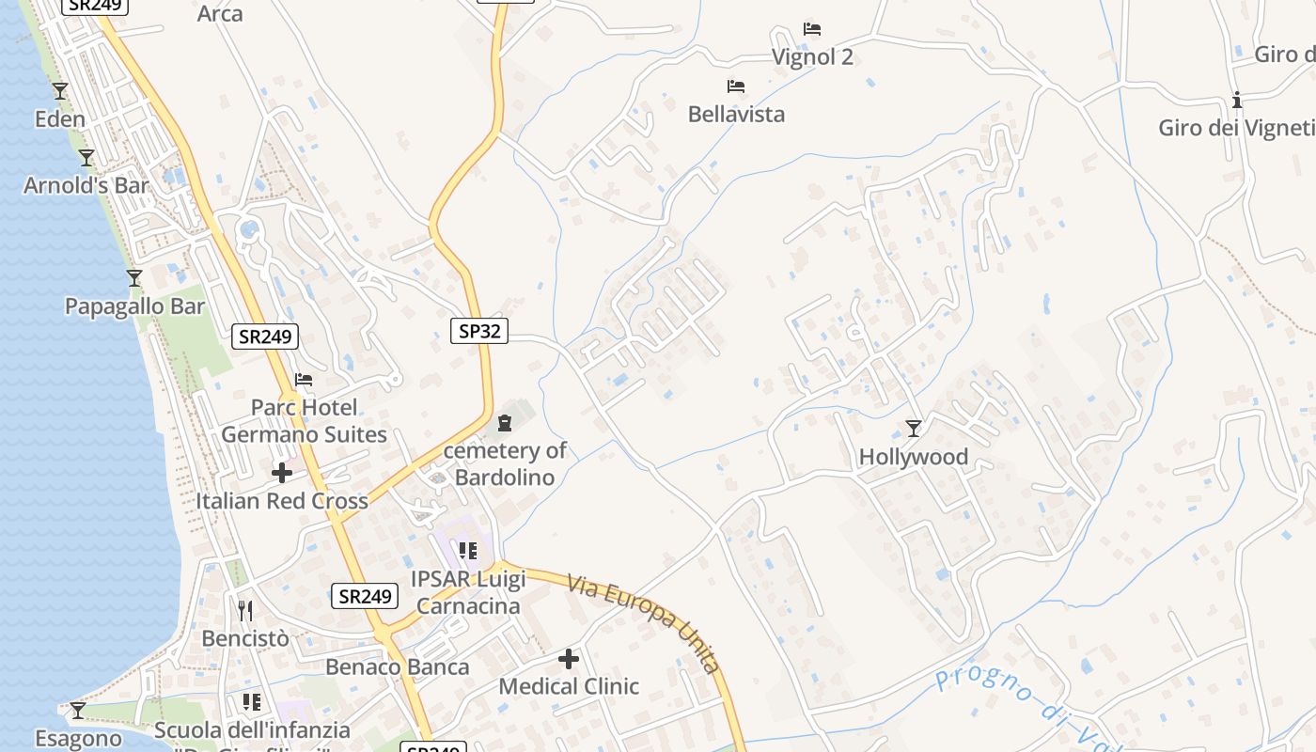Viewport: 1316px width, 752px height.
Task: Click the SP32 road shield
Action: pyautogui.click(x=479, y=331)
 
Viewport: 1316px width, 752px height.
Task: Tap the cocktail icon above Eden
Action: pyautogui.click(x=60, y=91)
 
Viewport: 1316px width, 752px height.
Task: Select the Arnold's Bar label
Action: pyautogui.click(x=86, y=185)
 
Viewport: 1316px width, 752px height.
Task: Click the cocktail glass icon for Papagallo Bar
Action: pyautogui.click(x=134, y=278)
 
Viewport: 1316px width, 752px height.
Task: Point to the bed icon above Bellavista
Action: pyautogui.click(x=736, y=86)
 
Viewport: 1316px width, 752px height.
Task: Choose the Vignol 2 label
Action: pyautogui.click(x=812, y=57)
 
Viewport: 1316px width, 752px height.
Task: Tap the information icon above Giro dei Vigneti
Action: pyautogui.click(x=1237, y=100)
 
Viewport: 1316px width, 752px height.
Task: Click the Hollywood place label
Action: pyautogui.click(x=913, y=458)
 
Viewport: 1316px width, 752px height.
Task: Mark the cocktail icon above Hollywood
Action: pyautogui.click(x=913, y=429)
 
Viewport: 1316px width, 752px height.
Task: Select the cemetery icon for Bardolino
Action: pyautogui.click(x=505, y=423)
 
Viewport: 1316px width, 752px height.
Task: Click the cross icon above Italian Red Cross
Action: pyautogui.click(x=281, y=473)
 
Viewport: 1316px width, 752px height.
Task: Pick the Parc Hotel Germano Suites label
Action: pyautogui.click(x=304, y=421)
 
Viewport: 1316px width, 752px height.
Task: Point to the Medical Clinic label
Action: pyautogui.click(x=569, y=686)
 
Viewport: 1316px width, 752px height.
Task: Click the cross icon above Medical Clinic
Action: pyautogui.click(x=569, y=659)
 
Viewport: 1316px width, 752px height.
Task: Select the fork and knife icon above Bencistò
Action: pyautogui.click(x=245, y=611)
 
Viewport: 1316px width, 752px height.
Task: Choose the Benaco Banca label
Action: pyautogui.click(x=398, y=667)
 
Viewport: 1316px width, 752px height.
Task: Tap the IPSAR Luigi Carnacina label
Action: pyautogui.click(x=468, y=592)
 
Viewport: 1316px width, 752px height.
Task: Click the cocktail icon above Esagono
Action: pyautogui.click(x=78, y=710)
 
